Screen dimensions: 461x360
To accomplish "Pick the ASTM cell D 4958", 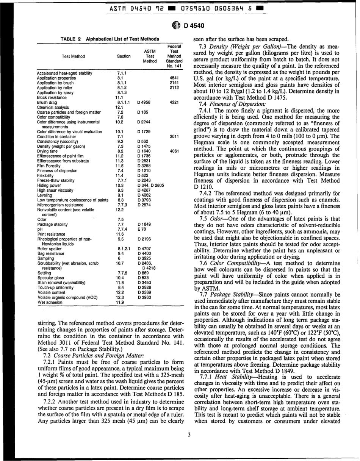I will click(144, 102).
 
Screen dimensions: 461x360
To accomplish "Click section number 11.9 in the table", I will click(120, 303).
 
